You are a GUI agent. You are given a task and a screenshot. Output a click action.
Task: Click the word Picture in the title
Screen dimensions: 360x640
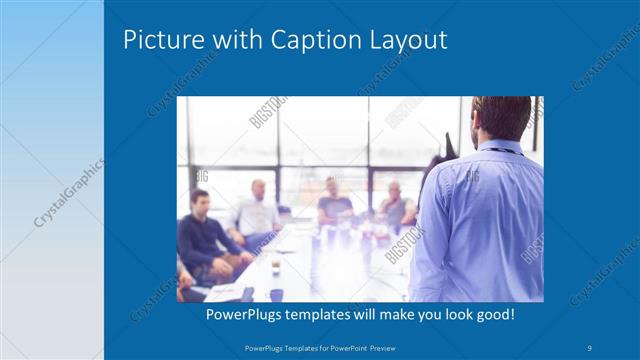point(158,41)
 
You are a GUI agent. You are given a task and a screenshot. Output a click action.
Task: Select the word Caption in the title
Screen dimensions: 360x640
point(313,41)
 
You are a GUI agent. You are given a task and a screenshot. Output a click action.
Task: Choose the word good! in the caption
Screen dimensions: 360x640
point(493,315)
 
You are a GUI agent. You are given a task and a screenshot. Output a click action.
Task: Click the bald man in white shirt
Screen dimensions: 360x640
point(256,211)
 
